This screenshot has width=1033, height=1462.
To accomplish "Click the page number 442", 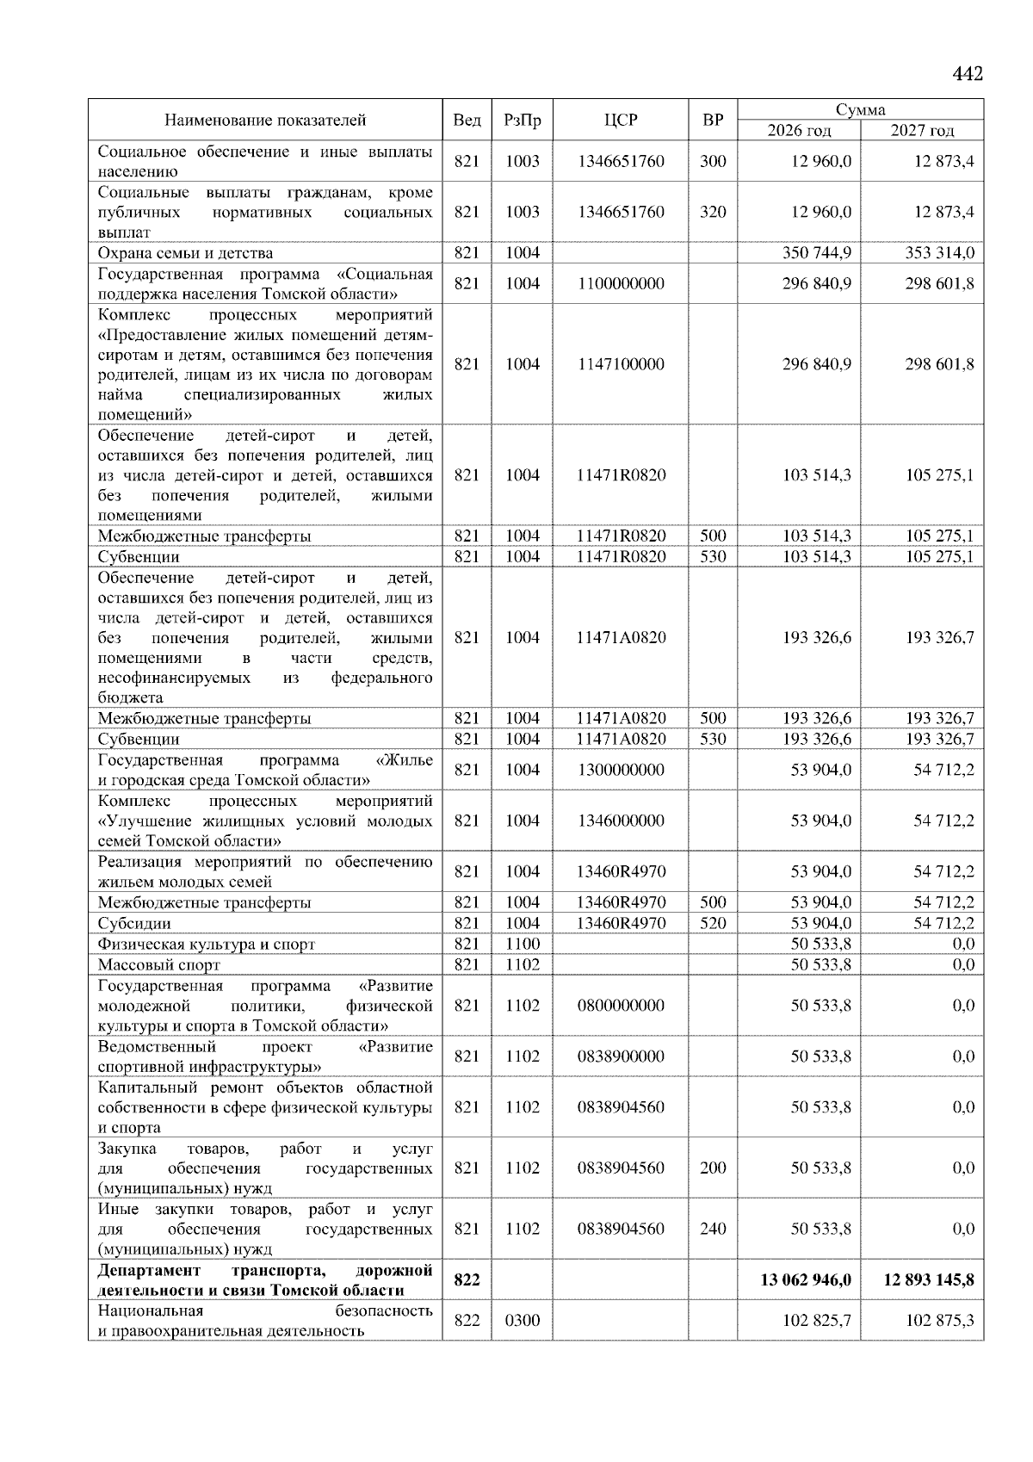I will coord(968,74).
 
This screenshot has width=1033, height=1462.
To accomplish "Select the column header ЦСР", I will coord(621,121).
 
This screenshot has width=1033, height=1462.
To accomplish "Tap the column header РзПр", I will coord(522,121).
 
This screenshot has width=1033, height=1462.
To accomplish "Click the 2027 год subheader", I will coord(922,131).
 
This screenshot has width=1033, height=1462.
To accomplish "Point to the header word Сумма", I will coord(860,109).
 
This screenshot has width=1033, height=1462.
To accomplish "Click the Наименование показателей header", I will coord(265,121).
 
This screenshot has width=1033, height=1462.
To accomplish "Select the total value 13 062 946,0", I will coord(806,1280).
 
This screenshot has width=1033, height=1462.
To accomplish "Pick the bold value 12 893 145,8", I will coord(929,1280).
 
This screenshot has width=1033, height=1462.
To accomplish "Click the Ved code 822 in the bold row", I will coord(467,1280).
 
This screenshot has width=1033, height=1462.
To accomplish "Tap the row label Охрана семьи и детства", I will coord(185,253).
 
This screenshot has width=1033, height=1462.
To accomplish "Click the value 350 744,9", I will coord(816,253).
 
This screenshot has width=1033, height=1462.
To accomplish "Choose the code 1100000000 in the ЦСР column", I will coord(621,283).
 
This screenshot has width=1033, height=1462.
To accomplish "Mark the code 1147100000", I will coord(621,364).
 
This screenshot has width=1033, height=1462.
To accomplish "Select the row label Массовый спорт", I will coord(158,965).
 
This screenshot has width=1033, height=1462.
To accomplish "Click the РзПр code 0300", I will coord(522,1321).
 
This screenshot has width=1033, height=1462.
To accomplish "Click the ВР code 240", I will coord(713,1230).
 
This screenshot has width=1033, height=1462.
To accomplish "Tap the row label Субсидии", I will coord(134,924).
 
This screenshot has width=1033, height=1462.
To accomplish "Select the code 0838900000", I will coord(621,1056).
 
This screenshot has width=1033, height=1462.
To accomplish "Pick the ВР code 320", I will coord(713,212).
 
